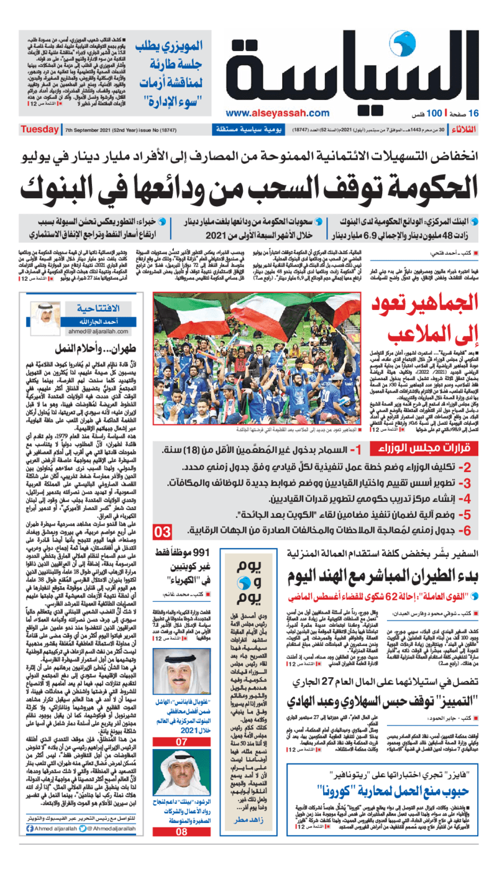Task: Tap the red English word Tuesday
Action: point(40,130)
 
